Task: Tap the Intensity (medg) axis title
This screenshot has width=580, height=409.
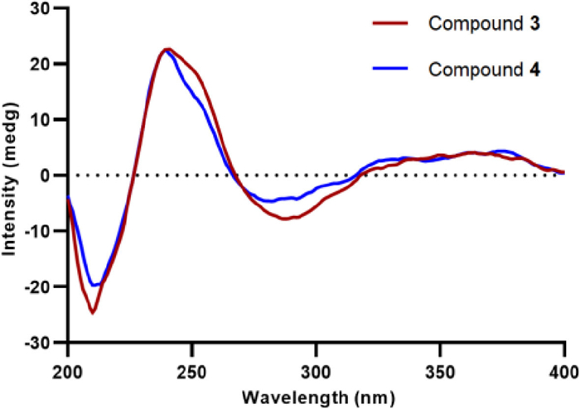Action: [13, 176]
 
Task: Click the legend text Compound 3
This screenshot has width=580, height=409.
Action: [484, 24]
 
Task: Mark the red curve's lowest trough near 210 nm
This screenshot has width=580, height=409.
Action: [93, 312]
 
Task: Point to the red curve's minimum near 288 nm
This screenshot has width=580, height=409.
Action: [285, 219]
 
